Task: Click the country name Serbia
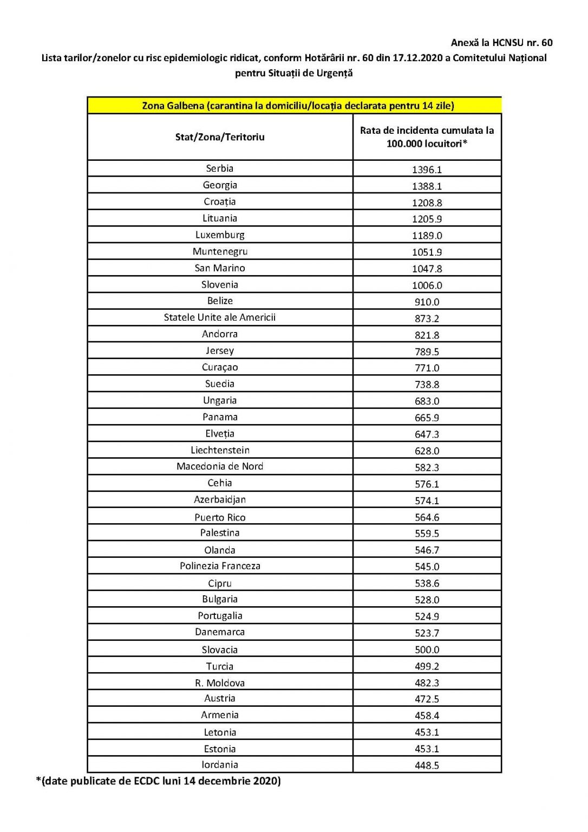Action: (219, 168)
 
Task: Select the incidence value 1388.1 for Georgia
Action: (427, 186)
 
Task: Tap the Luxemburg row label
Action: (220, 235)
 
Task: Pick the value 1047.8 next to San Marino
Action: (427, 269)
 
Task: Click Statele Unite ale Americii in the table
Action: (220, 317)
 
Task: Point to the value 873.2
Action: (427, 318)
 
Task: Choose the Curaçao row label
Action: (220, 367)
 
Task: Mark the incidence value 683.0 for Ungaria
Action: (427, 401)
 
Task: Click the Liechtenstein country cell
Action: (220, 450)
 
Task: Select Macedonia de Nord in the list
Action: (220, 466)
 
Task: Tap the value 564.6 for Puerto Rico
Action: (427, 517)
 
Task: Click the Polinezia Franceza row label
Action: (220, 566)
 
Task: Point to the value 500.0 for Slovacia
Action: (427, 650)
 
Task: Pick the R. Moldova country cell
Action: (220, 683)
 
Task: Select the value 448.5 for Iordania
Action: (427, 766)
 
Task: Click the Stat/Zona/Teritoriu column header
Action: (220, 137)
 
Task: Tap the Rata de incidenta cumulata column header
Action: (427, 137)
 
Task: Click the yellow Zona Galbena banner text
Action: (298, 106)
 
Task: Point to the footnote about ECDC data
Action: (158, 781)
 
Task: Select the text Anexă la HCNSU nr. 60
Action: (501, 42)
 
